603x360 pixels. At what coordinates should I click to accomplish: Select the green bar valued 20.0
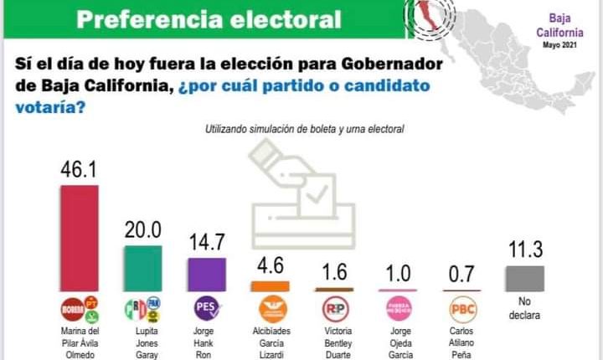pyautogui.click(x=143, y=268)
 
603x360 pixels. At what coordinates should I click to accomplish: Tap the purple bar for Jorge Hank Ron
pyautogui.click(x=206, y=274)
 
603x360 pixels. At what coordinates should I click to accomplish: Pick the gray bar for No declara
pyautogui.click(x=524, y=278)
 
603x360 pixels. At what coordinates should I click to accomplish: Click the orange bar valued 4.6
pyautogui.click(x=271, y=285)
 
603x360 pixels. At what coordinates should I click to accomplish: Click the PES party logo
pyautogui.click(x=206, y=309)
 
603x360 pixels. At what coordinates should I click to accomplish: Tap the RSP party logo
pyautogui.click(x=334, y=309)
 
